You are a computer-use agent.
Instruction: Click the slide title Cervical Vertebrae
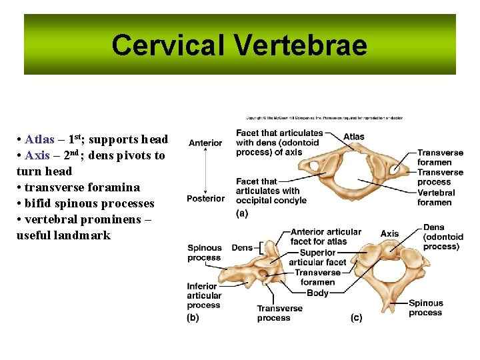[x=239, y=45]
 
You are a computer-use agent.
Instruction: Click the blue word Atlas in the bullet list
[x=39, y=139]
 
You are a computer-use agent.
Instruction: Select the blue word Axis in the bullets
[x=37, y=155]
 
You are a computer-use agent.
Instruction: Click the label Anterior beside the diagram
[x=205, y=143]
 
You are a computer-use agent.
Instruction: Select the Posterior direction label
[x=205, y=199]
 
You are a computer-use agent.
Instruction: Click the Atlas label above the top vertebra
[x=354, y=137]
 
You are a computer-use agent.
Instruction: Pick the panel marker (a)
[x=242, y=213]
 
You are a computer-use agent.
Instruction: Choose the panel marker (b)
[x=193, y=318]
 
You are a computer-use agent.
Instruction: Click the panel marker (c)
[x=357, y=318]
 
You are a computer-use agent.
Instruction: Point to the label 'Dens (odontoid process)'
[x=443, y=237]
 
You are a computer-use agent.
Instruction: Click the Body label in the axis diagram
[x=317, y=293]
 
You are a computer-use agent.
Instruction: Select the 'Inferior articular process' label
[x=203, y=295]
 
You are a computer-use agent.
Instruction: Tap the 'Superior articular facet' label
[x=317, y=257]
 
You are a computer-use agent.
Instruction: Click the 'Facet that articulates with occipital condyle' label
[x=271, y=191]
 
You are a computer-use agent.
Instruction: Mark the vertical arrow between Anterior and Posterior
[x=205, y=171]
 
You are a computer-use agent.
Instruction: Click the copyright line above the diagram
[x=324, y=118]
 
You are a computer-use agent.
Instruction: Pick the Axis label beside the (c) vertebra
[x=389, y=233]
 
